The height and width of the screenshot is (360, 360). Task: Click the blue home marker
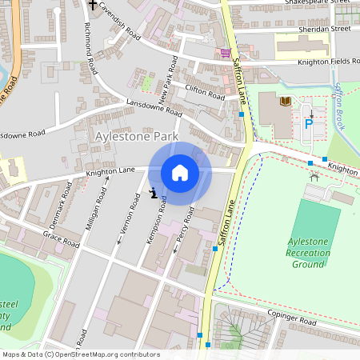tap(180, 172)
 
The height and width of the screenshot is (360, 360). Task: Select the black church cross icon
tap(93, 5)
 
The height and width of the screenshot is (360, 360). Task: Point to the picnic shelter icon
tap(314, 174)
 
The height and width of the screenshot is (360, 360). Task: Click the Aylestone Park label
tap(135, 138)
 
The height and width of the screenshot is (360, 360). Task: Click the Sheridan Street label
tap(324, 28)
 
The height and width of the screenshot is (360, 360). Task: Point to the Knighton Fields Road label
tap(328, 62)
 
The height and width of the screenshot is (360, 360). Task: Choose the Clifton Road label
tap(205, 93)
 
